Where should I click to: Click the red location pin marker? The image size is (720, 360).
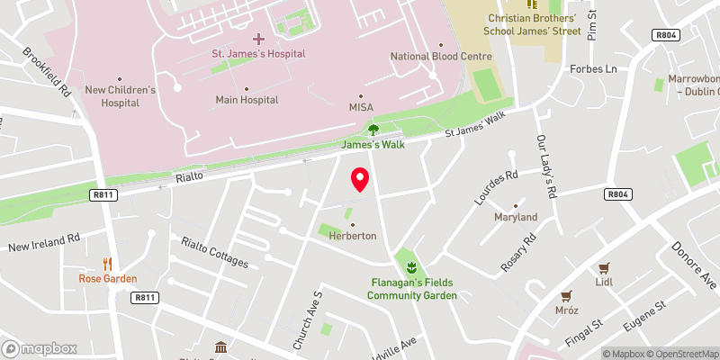[x=360, y=179]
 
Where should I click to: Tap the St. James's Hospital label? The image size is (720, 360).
[x=258, y=53]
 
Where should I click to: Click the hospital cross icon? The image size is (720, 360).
[x=258, y=38]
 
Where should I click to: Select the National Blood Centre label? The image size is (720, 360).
[x=441, y=57]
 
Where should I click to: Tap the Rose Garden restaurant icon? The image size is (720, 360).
[x=107, y=264]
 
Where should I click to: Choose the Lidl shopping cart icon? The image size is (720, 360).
[x=605, y=267]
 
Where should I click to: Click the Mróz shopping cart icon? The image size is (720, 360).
[x=566, y=295]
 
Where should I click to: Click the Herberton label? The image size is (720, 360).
[x=352, y=236]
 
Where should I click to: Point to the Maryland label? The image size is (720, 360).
[x=516, y=217]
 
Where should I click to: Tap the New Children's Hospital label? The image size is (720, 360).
[x=121, y=95]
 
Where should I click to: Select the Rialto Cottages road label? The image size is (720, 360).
[x=214, y=252]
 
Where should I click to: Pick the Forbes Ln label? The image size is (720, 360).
[x=592, y=68]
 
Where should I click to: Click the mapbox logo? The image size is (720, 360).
[x=40, y=348]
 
